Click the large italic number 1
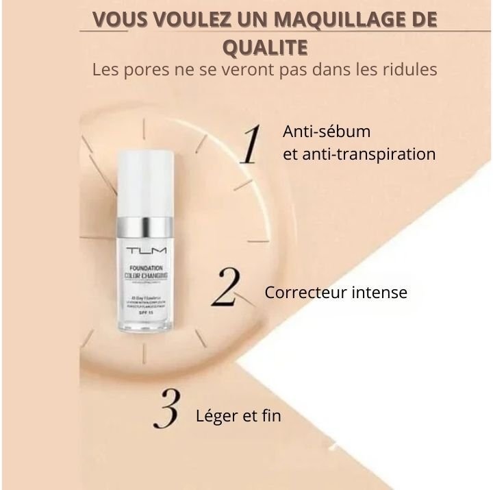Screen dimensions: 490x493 (252, 144)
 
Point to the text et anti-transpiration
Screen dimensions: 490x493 (359, 154)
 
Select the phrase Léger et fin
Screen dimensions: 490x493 (238, 415)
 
